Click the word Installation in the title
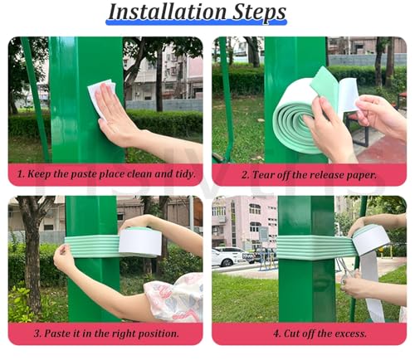pyautogui.click(x=167, y=12)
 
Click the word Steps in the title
pyautogui.click(x=259, y=12)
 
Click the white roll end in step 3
pyautogui.click(x=140, y=242)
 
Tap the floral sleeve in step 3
pyautogui.click(x=174, y=297)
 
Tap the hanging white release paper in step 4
pyautogui.click(x=371, y=285)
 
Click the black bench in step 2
pyautogui.click(x=359, y=130)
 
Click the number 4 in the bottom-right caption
pyautogui.click(x=276, y=333)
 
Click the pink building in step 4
pyautogui.click(x=245, y=221)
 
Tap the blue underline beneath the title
pyautogui.click(x=196, y=22)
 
